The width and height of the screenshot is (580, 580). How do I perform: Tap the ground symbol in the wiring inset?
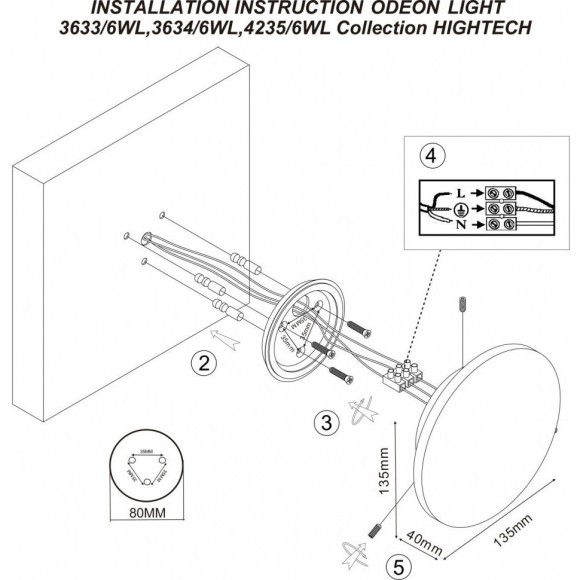click(462, 209)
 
